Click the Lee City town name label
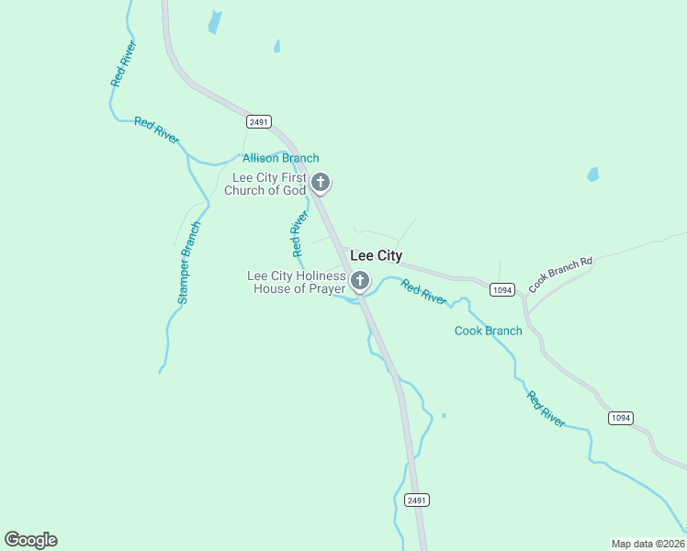point(377,256)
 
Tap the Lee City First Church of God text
point(268,184)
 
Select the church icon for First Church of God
point(320,183)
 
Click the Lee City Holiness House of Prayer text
point(297,282)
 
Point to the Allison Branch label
point(280,158)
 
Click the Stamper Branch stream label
point(188,263)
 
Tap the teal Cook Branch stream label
point(488,331)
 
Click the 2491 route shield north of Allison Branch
point(259,121)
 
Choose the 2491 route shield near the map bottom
point(417,500)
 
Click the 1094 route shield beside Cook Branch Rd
point(501,290)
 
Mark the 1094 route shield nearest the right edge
point(620,418)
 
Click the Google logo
point(30,540)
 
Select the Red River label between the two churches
point(298,234)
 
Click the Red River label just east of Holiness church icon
point(423,293)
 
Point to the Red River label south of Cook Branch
point(546,409)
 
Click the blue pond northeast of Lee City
point(592,174)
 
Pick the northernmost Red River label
point(123,64)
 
